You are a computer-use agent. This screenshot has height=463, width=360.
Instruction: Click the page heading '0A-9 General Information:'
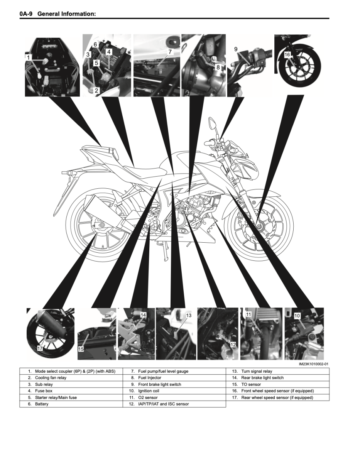coord(57,14)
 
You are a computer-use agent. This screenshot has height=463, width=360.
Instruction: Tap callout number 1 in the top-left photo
coord(28,57)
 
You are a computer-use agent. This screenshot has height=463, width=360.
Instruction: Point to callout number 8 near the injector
coord(218,67)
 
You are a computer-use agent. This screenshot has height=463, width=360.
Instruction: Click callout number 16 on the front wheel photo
coord(287,55)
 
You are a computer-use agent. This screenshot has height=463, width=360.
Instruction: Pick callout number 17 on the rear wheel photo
coord(40,348)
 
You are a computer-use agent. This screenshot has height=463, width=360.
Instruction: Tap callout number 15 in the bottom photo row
coord(81,348)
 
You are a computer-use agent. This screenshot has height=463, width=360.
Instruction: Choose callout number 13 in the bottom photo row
coord(188,315)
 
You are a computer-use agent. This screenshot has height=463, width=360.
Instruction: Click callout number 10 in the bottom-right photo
coord(297,316)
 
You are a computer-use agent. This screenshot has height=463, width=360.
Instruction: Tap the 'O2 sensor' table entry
coord(148,397)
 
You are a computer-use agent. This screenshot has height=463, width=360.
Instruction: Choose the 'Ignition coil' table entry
coord(149,391)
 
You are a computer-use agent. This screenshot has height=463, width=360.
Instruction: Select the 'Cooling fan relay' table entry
coord(51,378)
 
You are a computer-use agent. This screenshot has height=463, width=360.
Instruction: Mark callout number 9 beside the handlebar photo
coord(236,49)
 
